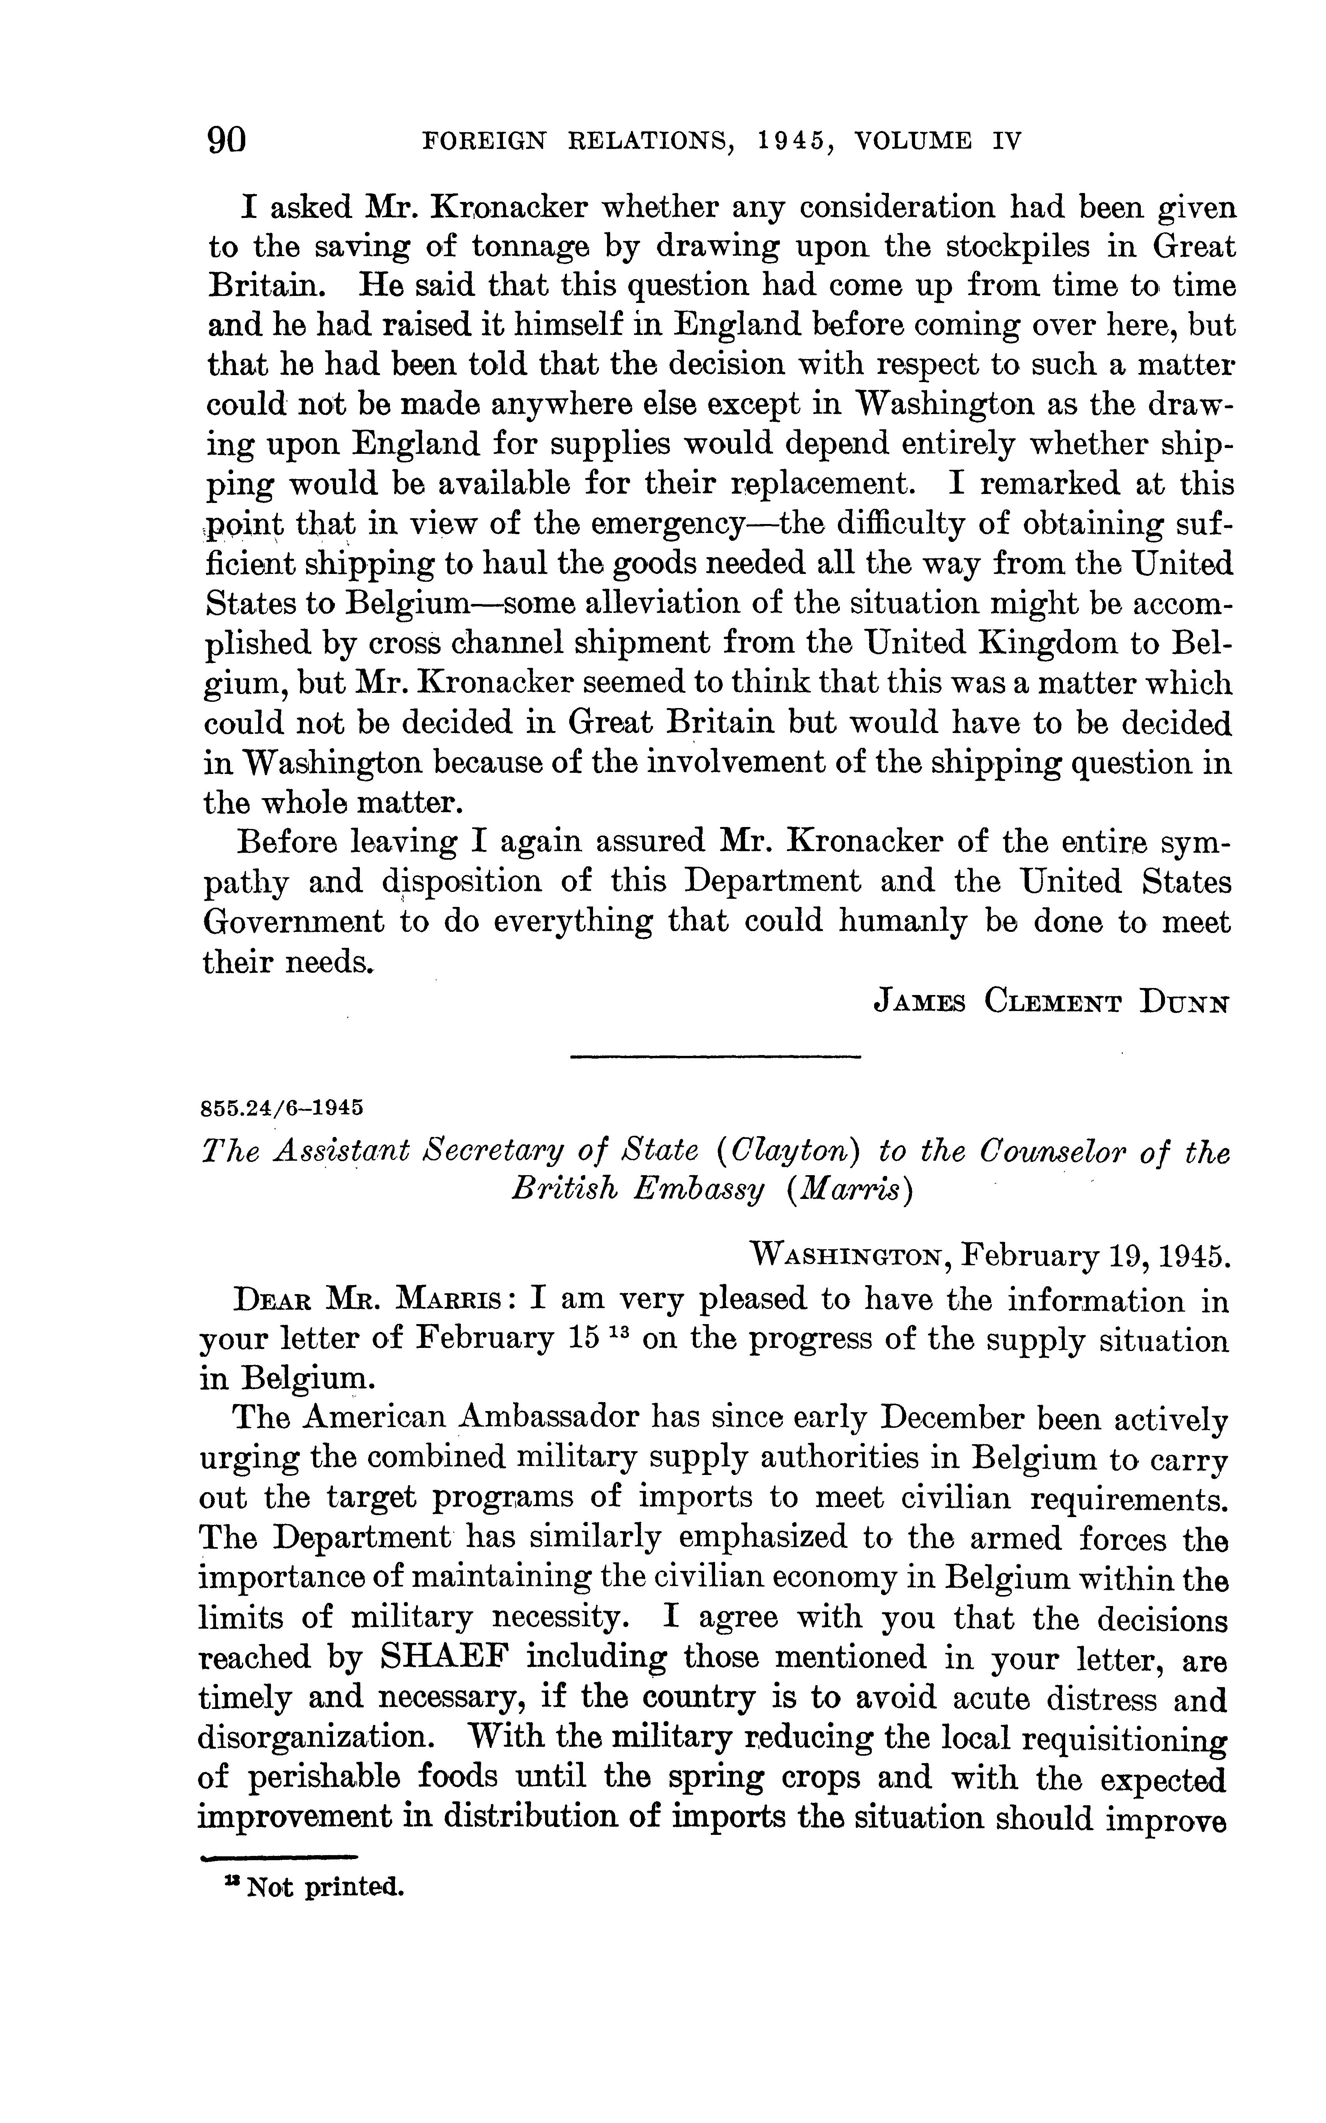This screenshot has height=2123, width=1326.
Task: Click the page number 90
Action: click(x=226, y=140)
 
